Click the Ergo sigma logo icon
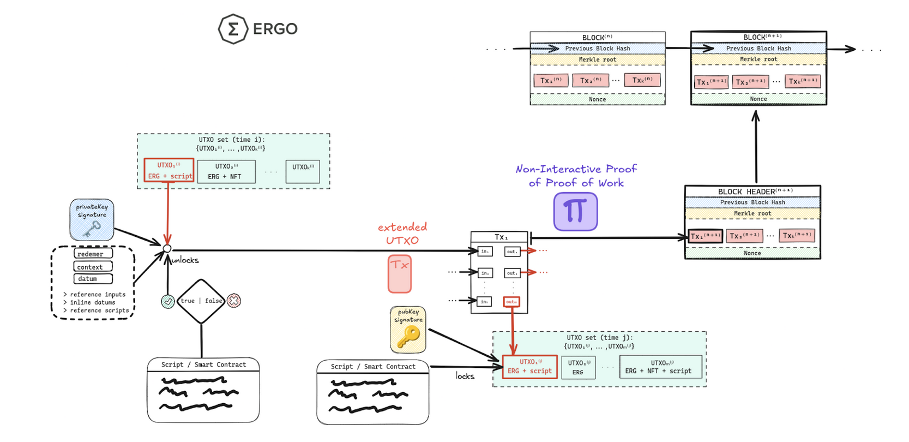pyautogui.click(x=233, y=29)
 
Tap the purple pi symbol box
pyautogui.click(x=575, y=212)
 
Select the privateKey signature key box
pyautogui.click(x=92, y=220)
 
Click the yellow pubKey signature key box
pyautogui.click(x=408, y=330)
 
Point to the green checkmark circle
pyautogui.click(x=168, y=301)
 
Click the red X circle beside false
pyautogui.click(x=234, y=300)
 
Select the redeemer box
pyautogui.click(x=93, y=254)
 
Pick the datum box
pyautogui.click(x=93, y=279)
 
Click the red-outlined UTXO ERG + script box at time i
pyautogui.click(x=169, y=170)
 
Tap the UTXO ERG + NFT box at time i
pyautogui.click(x=226, y=171)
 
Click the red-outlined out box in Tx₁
pyautogui.click(x=511, y=302)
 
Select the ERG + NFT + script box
pyautogui.click(x=661, y=367)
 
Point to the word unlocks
pyautogui.click(x=185, y=260)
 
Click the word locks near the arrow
pyautogui.click(x=465, y=376)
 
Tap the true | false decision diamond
pyautogui.click(x=201, y=301)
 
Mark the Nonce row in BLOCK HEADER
pyautogui.click(x=753, y=253)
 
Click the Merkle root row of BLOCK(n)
pyautogui.click(x=598, y=59)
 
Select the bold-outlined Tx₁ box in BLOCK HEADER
pyautogui.click(x=705, y=236)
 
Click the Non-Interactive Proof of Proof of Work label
pyautogui.click(x=576, y=176)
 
